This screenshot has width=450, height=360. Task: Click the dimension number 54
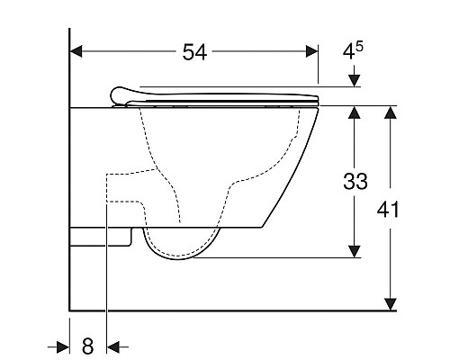(195, 52)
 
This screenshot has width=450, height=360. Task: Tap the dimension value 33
(355, 182)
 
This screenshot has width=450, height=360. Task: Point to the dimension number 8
(87, 345)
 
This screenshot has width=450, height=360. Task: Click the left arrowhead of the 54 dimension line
(77, 52)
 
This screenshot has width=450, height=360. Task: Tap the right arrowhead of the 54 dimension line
(311, 52)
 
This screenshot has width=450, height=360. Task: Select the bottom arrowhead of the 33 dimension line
(356, 254)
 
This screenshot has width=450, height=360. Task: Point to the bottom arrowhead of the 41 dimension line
(391, 303)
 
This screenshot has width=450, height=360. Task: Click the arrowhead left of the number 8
(64, 346)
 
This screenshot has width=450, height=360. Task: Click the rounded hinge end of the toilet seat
(114, 94)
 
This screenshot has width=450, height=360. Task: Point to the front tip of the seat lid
(319, 98)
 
